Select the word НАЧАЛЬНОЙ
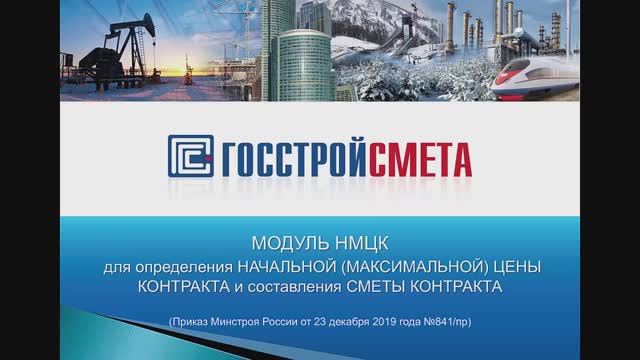point(281,268)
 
